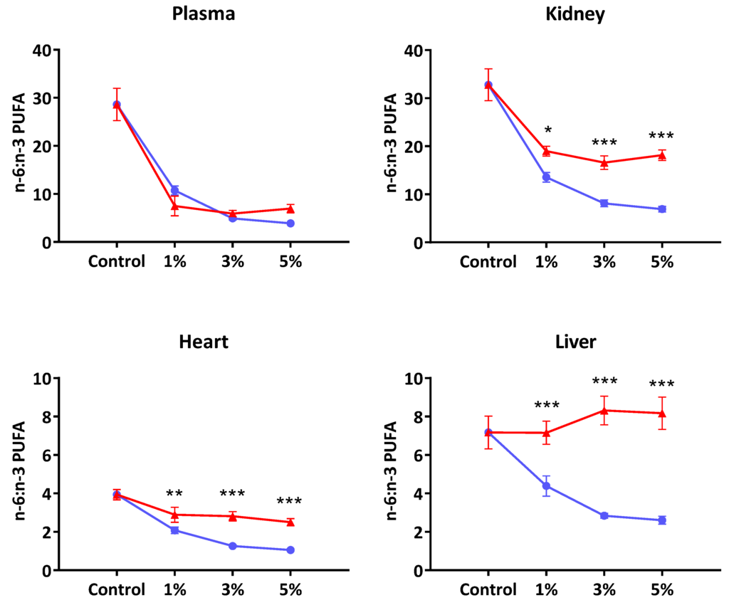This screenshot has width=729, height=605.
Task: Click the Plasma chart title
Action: (204, 14)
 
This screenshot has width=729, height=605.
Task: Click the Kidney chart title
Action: (575, 14)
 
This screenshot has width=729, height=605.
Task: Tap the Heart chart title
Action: (204, 342)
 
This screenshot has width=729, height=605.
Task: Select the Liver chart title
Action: (575, 342)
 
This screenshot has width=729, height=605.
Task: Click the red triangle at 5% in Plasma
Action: (290, 209)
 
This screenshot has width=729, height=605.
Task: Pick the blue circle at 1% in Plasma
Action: (175, 191)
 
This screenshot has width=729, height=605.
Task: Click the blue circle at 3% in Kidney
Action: (604, 203)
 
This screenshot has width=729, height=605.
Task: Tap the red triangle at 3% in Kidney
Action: (604, 162)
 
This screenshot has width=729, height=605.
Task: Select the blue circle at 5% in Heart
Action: (290, 550)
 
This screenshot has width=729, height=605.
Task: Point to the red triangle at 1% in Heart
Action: (175, 515)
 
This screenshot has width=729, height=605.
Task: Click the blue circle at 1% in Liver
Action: (546, 486)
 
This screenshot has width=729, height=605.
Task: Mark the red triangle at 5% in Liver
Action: (662, 413)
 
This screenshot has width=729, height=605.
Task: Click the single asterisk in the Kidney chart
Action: (547, 130)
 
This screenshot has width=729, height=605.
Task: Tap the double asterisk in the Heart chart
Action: (174, 493)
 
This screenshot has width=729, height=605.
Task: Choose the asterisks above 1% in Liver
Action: (547, 405)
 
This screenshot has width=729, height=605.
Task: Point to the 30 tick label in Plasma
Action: (42, 98)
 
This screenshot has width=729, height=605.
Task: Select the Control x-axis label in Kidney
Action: (488, 262)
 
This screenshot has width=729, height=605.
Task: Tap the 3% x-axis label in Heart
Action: (233, 589)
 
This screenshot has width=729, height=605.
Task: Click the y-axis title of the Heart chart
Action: (19, 470)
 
